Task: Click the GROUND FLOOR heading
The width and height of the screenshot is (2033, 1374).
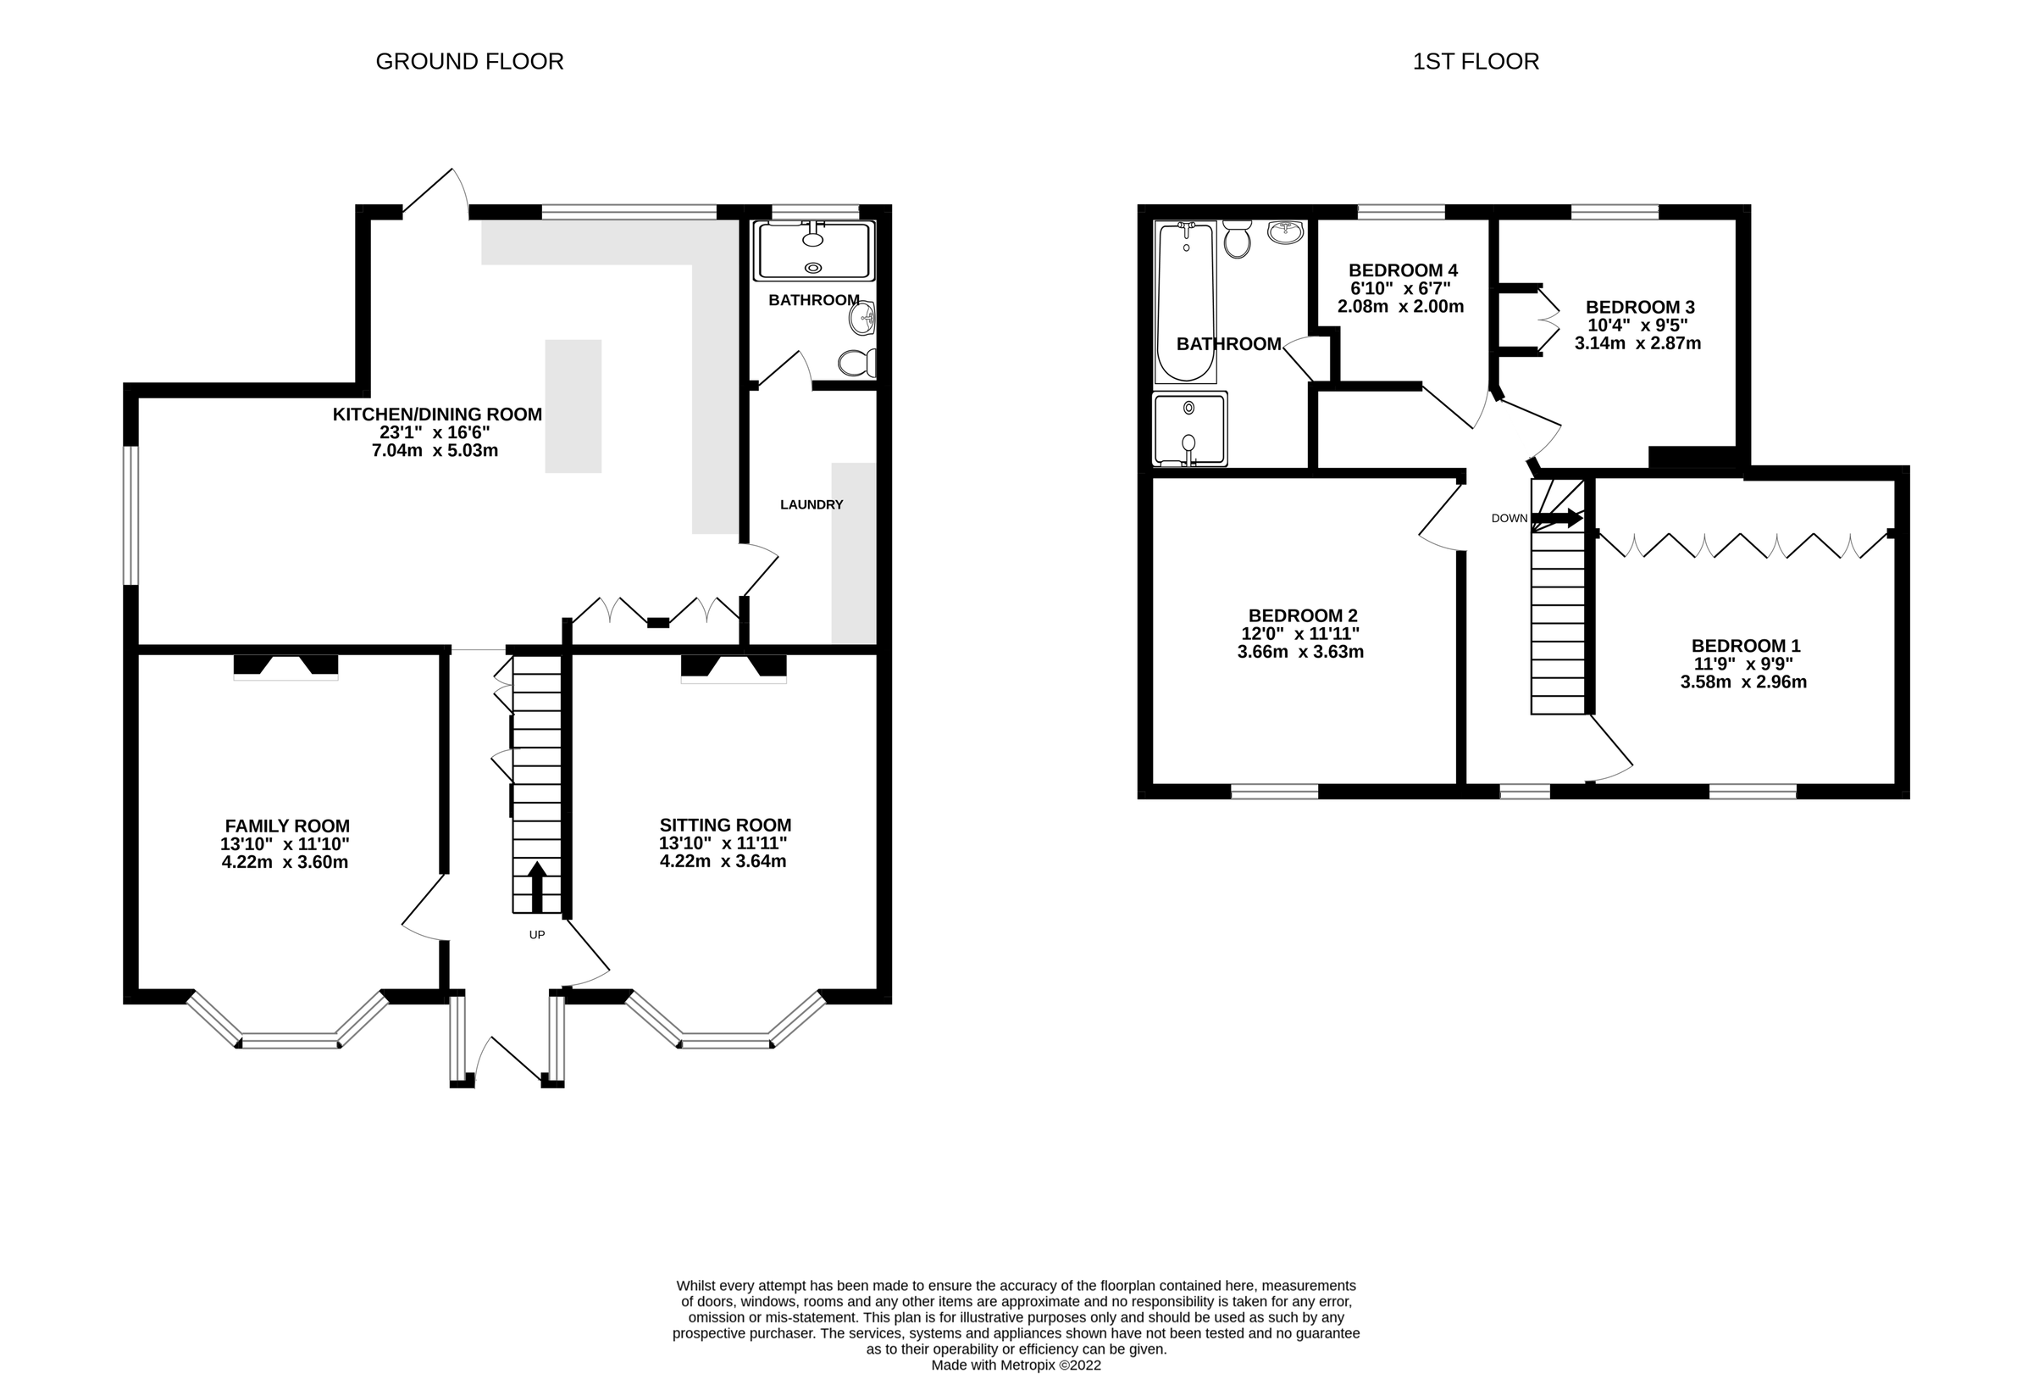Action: click(469, 61)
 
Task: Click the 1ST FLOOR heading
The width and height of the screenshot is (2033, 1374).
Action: click(1475, 61)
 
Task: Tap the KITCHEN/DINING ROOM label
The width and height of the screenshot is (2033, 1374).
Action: click(436, 414)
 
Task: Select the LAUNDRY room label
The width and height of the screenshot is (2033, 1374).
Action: click(811, 504)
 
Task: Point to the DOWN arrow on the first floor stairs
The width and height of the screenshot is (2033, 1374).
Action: click(1557, 518)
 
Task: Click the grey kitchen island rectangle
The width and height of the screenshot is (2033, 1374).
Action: click(573, 406)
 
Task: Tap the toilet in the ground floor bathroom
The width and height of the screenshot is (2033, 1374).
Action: click(857, 362)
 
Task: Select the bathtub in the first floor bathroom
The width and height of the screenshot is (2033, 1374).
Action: click(1185, 302)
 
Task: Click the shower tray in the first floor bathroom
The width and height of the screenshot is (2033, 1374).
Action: click(1188, 429)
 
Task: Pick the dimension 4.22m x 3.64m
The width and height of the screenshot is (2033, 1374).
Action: click(723, 861)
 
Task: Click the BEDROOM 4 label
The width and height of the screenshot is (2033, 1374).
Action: click(1403, 270)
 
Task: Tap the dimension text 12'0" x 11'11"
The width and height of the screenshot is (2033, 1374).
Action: click(1300, 634)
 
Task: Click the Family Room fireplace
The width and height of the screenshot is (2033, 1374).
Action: click(285, 666)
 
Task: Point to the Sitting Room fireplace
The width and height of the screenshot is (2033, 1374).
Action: click(733, 668)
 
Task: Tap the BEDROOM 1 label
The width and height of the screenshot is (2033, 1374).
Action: click(1745, 646)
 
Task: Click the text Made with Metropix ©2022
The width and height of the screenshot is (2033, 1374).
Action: click(1016, 1365)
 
